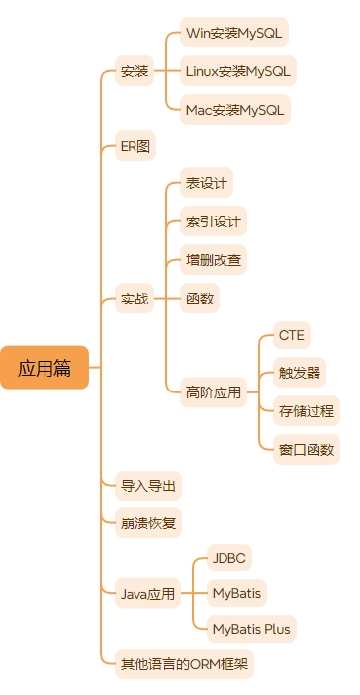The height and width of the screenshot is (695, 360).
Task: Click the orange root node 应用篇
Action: (45, 368)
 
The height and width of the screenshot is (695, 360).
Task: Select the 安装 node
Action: (135, 71)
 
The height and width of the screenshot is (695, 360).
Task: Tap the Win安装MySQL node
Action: (234, 33)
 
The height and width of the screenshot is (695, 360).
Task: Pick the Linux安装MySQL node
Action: (238, 71)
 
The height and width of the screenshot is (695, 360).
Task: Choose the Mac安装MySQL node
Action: (236, 109)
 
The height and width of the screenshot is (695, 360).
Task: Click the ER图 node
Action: (135, 146)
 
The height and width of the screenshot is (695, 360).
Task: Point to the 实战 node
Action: (135, 298)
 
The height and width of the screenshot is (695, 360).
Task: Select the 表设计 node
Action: (207, 184)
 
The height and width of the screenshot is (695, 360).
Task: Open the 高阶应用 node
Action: (213, 392)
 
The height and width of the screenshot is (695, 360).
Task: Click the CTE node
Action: (291, 335)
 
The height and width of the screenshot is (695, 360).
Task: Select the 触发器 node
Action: (299, 374)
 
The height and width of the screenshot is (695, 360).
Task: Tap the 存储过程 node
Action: (306, 411)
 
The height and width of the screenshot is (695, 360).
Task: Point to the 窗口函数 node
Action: (306, 450)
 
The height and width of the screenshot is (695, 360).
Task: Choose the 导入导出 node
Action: (148, 486)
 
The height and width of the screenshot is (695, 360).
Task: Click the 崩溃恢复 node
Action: (148, 521)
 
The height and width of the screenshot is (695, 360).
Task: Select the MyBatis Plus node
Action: (251, 628)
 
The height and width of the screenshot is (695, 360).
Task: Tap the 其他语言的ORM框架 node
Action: (185, 664)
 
